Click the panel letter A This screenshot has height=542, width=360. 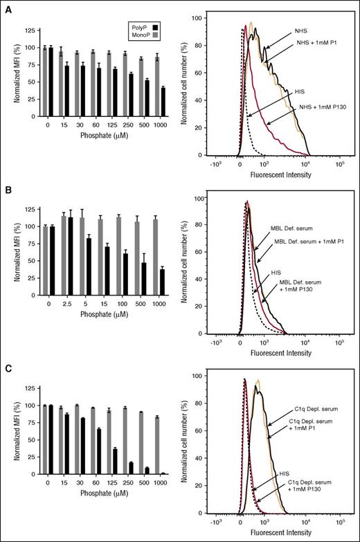click(6, 6)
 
